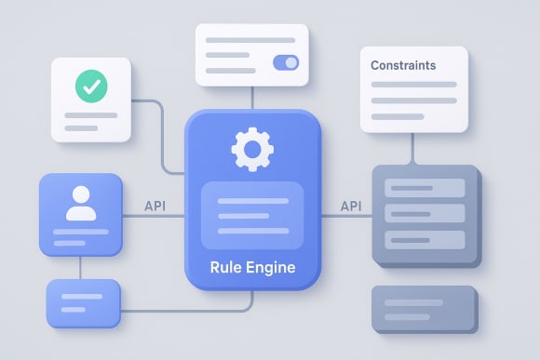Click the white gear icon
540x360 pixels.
point(251,149)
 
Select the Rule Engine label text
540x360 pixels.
point(252,267)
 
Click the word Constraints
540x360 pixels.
point(403,66)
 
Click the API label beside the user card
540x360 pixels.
point(155,206)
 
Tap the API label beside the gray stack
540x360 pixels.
point(351,206)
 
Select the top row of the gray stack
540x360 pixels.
point(424,189)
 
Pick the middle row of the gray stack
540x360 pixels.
point(424,214)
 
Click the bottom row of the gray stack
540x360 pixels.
point(424,239)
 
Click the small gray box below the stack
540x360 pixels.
point(424,308)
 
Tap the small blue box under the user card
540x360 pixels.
point(84,303)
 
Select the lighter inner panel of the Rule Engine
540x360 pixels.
point(252,215)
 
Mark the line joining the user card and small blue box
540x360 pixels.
point(80,268)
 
